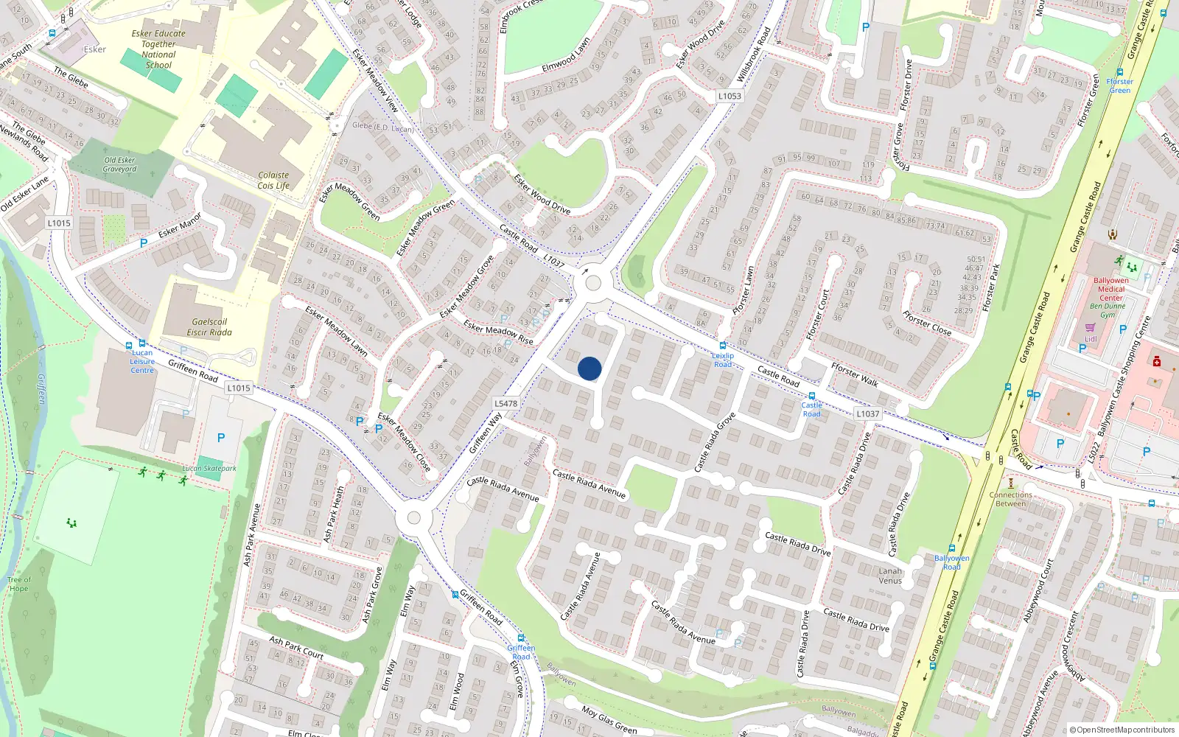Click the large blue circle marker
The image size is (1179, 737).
point(589,368)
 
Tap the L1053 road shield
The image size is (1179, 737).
point(730,96)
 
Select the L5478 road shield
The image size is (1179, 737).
point(505,403)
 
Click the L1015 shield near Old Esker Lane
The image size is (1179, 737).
point(59,223)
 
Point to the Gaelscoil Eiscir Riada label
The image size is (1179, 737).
point(209,327)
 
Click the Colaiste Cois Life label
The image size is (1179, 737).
point(273,181)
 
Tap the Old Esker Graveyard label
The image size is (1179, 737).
point(119,164)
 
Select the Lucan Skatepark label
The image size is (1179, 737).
point(210,468)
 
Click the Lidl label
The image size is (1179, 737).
point(1091,339)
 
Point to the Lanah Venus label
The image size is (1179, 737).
point(890,576)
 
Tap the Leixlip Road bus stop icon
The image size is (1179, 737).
point(723,346)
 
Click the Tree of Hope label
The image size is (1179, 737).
point(19,584)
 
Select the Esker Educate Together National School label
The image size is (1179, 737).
point(158,49)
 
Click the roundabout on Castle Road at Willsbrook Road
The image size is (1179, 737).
point(592,282)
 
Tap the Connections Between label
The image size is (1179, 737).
point(1010,499)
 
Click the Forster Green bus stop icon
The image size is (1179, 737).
point(1119,72)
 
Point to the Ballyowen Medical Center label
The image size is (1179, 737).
point(1110,289)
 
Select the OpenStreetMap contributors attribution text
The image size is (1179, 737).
point(1122,730)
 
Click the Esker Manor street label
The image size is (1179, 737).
point(180,226)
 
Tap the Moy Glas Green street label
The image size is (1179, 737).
point(609,720)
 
